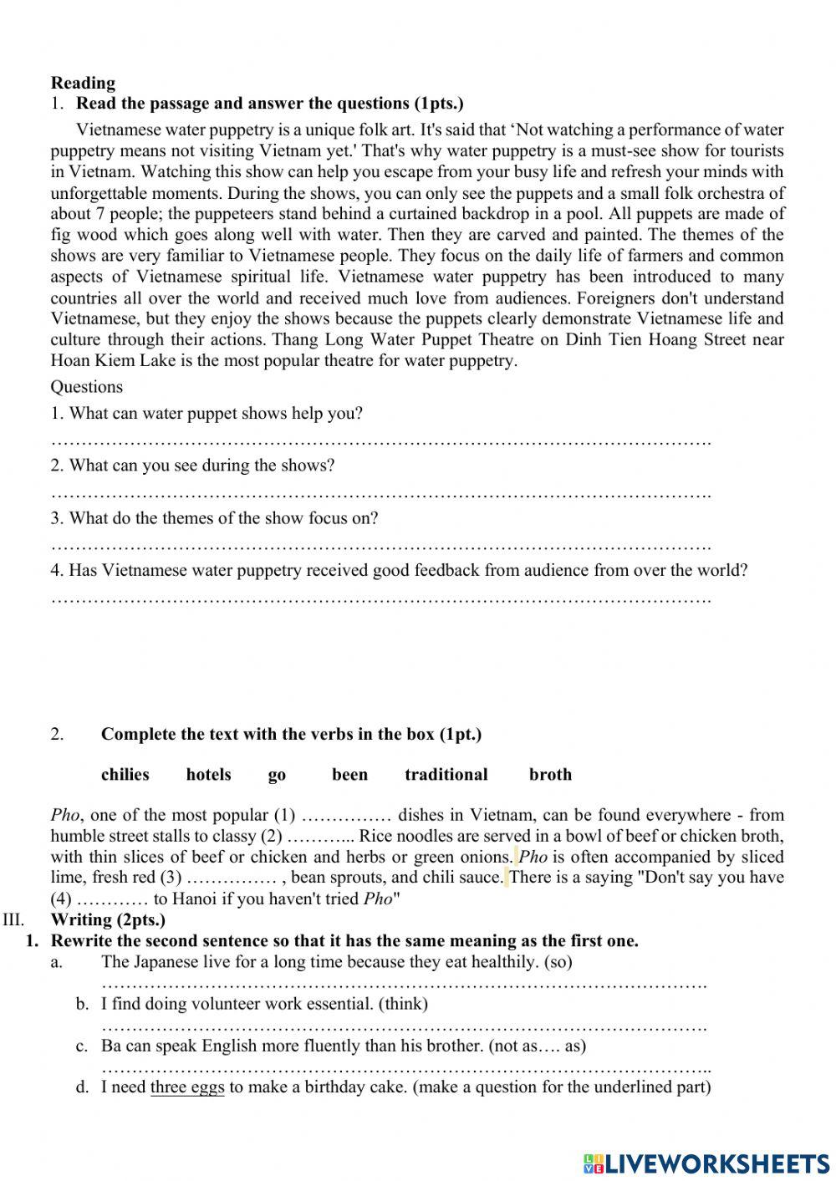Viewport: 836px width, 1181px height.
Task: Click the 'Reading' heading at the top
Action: [83, 83]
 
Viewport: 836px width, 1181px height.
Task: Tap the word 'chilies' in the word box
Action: [125, 775]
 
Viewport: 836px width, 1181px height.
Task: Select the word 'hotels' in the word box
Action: [208, 775]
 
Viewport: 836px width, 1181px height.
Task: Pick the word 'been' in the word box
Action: [349, 775]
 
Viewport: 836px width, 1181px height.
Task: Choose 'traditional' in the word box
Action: [446, 775]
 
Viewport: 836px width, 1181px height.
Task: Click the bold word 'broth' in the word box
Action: [550, 775]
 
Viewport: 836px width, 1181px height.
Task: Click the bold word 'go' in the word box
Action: [277, 776]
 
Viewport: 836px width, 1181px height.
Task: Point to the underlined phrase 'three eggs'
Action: [187, 1087]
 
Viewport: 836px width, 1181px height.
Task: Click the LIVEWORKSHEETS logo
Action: [706, 1163]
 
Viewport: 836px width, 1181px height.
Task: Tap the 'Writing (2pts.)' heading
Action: [108, 920]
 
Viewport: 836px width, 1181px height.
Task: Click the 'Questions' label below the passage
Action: [86, 387]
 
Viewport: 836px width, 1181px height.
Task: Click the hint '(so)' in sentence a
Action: [558, 962]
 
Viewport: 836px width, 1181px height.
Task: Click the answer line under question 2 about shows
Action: [380, 494]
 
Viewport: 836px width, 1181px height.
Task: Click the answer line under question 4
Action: [380, 599]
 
